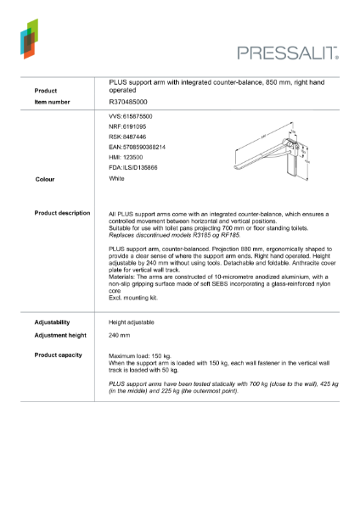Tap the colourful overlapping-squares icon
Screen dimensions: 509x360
(29, 39)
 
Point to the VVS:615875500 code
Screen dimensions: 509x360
(131, 115)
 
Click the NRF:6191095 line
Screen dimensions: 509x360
(127, 126)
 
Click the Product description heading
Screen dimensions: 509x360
(63, 213)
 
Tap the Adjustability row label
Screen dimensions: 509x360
(52, 322)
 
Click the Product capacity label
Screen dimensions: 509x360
(58, 354)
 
